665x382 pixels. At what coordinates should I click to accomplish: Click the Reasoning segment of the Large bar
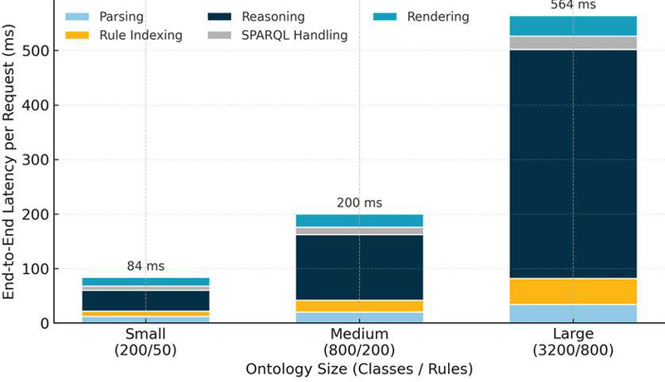[x=573, y=164]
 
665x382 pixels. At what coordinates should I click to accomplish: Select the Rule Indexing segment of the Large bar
[x=573, y=291]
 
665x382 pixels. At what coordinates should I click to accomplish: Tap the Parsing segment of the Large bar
[x=573, y=313]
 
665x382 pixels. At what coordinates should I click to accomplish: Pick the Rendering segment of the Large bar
[x=573, y=26]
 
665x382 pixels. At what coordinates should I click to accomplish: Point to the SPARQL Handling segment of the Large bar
[x=573, y=43]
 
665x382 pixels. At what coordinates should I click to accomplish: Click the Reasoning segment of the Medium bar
[x=359, y=267]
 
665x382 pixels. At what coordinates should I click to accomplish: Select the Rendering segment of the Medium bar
[x=359, y=221]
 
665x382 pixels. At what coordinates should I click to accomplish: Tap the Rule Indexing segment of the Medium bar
[x=359, y=306]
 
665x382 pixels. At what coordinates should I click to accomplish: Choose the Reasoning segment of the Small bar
[x=145, y=301]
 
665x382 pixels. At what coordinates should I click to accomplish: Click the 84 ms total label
[x=145, y=266]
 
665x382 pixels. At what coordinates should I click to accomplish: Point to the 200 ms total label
[x=359, y=203]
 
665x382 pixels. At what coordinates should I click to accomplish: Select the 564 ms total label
[x=573, y=5]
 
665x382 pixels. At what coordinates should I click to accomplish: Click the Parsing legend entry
[x=105, y=17]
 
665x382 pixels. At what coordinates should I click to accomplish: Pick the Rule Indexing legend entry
[x=124, y=35]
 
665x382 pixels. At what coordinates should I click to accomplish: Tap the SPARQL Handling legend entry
[x=278, y=35]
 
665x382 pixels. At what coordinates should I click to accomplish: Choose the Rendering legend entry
[x=421, y=17]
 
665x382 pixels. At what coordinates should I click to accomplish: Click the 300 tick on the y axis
[x=36, y=160]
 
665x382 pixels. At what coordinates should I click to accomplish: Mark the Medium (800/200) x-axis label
[x=359, y=342]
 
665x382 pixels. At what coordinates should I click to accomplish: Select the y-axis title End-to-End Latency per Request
[x=8, y=162]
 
